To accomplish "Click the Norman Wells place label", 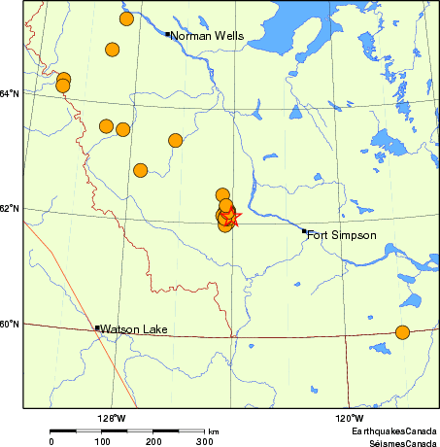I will click(x=207, y=36).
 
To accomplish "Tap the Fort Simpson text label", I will click(x=341, y=235).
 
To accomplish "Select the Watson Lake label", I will click(x=134, y=329).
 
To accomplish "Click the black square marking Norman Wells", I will click(x=167, y=35).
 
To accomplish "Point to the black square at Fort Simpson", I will click(x=304, y=231).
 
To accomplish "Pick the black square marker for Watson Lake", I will click(x=97, y=328).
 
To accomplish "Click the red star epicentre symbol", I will click(x=230, y=219).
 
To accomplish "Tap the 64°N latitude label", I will click(x=10, y=93).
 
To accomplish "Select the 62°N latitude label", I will click(x=10, y=209).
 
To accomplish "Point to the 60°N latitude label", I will click(x=10, y=324).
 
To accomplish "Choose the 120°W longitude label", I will click(x=350, y=419).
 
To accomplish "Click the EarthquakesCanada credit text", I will click(x=393, y=430).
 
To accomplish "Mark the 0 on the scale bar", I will click(x=51, y=441).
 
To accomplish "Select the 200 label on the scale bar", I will click(x=153, y=441).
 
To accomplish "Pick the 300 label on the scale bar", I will click(x=205, y=441).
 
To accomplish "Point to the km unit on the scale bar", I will click(x=213, y=431).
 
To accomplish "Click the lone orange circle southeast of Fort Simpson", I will click(x=403, y=332).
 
